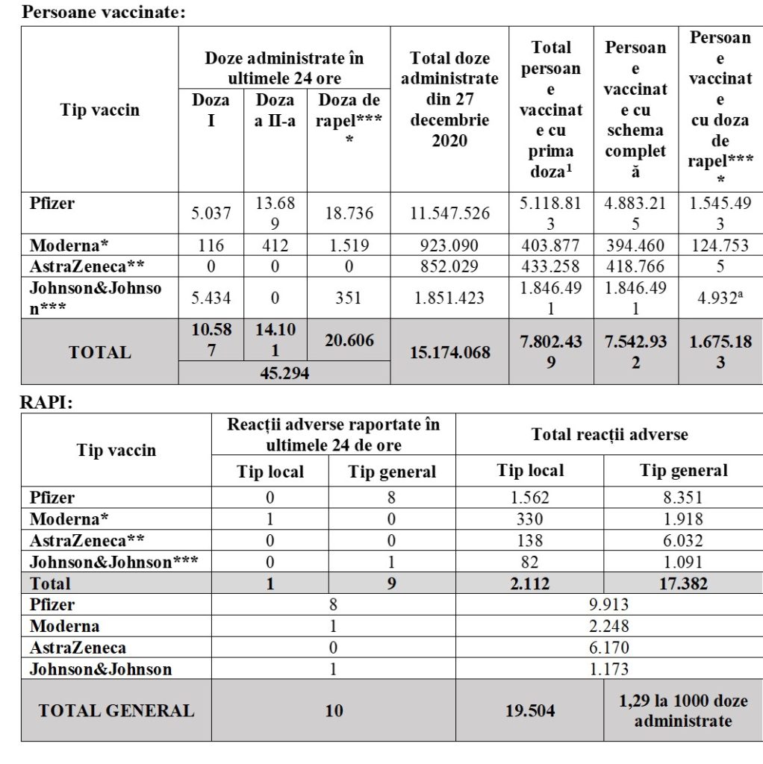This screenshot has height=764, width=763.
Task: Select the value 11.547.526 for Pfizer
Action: click(450, 213)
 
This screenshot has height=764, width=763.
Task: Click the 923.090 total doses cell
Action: click(450, 245)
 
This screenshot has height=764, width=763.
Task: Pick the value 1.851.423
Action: click(450, 298)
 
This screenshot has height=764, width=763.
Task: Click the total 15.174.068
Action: click(450, 351)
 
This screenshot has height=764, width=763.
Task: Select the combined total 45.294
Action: click(284, 373)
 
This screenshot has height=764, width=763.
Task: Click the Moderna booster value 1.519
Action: click(349, 245)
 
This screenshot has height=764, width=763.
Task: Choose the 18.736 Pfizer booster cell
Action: click(349, 213)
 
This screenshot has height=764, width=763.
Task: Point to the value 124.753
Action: click(720, 245)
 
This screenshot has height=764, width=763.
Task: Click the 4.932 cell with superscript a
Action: click(720, 298)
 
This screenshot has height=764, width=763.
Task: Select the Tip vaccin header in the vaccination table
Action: click(99, 110)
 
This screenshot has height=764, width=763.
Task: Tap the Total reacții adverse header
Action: click(609, 433)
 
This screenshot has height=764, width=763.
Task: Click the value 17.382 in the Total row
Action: click(683, 583)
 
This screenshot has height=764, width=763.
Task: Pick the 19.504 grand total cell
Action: click(529, 710)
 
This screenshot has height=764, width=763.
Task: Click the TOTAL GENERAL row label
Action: click(116, 710)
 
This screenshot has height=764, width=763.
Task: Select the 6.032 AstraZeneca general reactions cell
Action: click(683, 541)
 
